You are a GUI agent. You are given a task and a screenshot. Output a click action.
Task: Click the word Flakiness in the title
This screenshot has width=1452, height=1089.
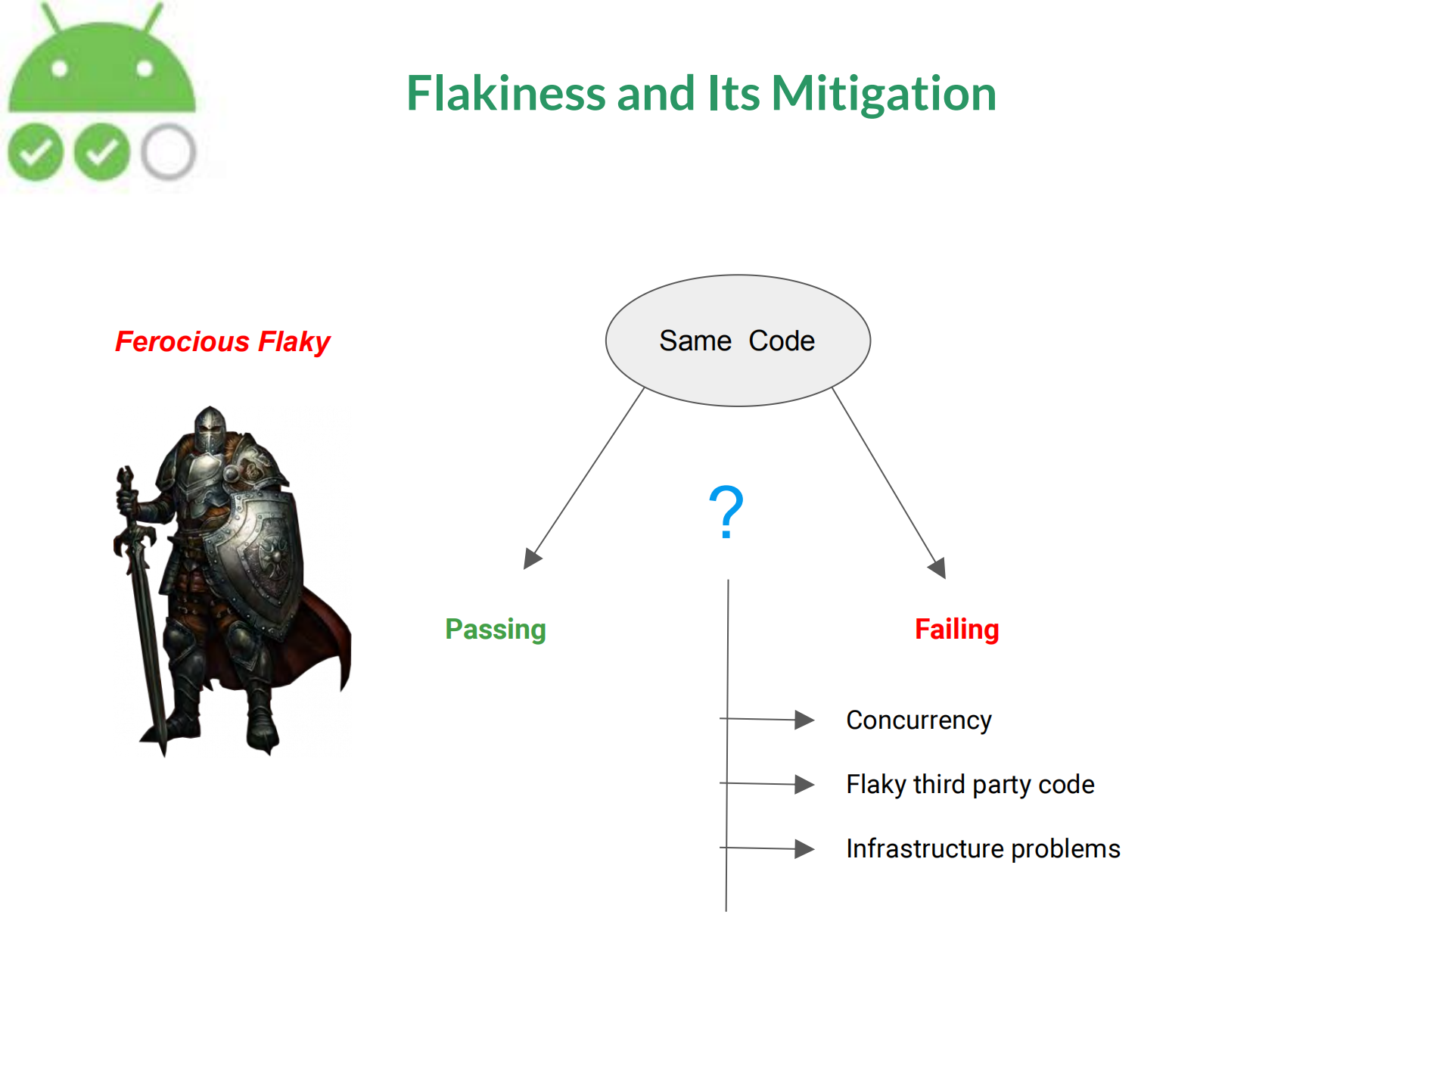pyautogui.click(x=505, y=93)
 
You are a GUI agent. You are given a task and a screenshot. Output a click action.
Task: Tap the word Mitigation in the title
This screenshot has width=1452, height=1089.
pyautogui.click(x=884, y=95)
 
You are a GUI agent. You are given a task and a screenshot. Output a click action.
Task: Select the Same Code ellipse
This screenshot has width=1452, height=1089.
pyautogui.click(x=738, y=341)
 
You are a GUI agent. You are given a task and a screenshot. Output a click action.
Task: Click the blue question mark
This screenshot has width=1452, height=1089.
pyautogui.click(x=726, y=512)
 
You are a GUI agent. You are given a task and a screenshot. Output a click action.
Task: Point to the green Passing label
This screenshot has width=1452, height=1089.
pyautogui.click(x=496, y=630)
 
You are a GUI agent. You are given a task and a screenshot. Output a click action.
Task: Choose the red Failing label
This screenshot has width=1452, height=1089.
pyautogui.click(x=957, y=630)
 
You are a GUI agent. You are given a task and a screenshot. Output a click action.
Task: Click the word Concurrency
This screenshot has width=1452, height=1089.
pyautogui.click(x=919, y=720)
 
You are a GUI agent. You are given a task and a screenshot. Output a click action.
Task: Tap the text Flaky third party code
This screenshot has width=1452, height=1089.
pyautogui.click(x=970, y=785)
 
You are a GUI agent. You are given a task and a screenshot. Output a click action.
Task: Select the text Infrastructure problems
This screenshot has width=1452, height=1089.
pyautogui.click(x=983, y=849)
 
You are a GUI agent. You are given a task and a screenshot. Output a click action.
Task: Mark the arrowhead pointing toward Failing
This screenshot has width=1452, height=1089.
pyautogui.click(x=938, y=568)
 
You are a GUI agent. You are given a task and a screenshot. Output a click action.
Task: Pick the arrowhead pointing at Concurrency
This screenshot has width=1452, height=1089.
pyautogui.click(x=804, y=720)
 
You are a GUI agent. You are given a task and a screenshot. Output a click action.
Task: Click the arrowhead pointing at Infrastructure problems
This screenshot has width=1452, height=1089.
pyautogui.click(x=804, y=849)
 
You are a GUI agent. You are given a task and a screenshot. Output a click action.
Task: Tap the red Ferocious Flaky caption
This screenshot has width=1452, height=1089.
pyautogui.click(x=222, y=341)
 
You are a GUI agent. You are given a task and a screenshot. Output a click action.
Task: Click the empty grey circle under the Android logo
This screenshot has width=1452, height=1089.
pyautogui.click(x=168, y=152)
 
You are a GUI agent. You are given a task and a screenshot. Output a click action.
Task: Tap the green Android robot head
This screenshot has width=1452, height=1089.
pyautogui.click(x=101, y=67)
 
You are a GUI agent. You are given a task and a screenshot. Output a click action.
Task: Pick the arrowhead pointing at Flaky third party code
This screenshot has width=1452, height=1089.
pyautogui.click(x=804, y=785)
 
